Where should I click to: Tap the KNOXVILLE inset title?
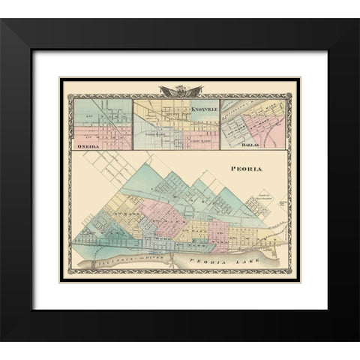tap(194, 110)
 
